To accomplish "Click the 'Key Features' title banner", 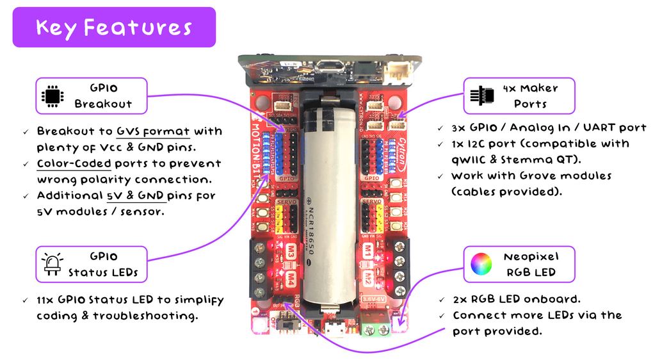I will click(x=114, y=28).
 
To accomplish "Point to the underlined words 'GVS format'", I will click(x=153, y=131).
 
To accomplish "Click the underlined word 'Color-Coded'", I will click(x=74, y=163).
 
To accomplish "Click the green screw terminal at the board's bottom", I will click(x=376, y=328).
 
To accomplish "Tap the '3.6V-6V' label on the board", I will click(x=374, y=298).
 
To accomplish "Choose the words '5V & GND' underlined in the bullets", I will click(x=136, y=195).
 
